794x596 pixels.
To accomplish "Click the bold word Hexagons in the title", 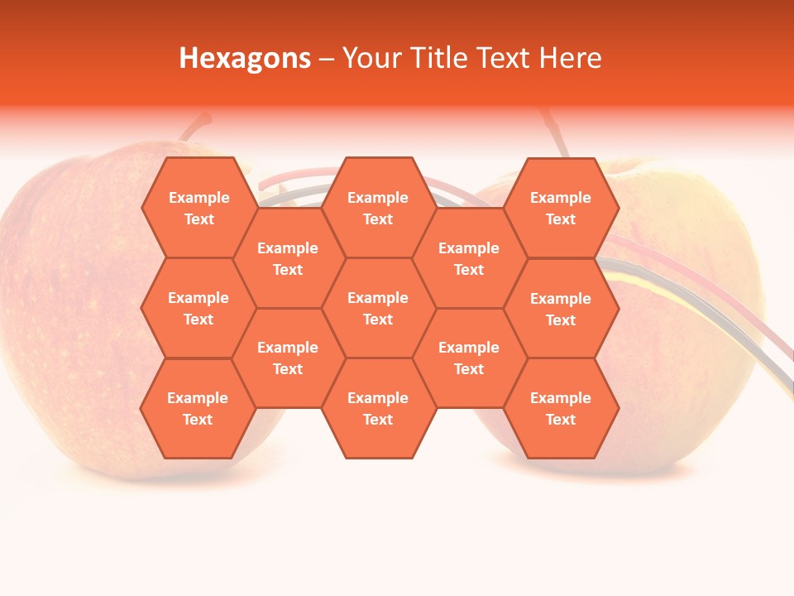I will click(x=245, y=58).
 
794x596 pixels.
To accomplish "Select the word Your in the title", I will click(x=371, y=58).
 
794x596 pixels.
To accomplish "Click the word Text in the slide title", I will click(x=505, y=58).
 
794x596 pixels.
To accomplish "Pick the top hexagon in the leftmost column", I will click(x=198, y=208).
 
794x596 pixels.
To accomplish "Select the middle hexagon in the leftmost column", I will click(x=198, y=308).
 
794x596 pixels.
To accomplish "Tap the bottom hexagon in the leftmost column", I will click(x=198, y=408).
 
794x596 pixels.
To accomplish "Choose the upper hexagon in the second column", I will click(x=288, y=258).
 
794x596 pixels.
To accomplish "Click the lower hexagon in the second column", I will click(x=288, y=358).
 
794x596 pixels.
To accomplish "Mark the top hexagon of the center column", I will click(x=378, y=208).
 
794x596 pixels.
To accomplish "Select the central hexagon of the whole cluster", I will click(x=378, y=308).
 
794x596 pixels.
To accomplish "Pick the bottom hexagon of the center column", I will click(x=378, y=408).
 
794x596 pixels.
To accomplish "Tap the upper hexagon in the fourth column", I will click(x=469, y=258).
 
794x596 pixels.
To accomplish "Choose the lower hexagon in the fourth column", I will click(x=469, y=358).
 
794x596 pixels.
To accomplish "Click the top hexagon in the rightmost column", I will click(x=561, y=208).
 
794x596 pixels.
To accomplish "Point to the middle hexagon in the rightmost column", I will click(x=561, y=309).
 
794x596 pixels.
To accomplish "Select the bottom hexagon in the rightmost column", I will click(x=561, y=408).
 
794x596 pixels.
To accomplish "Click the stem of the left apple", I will click(x=195, y=127).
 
